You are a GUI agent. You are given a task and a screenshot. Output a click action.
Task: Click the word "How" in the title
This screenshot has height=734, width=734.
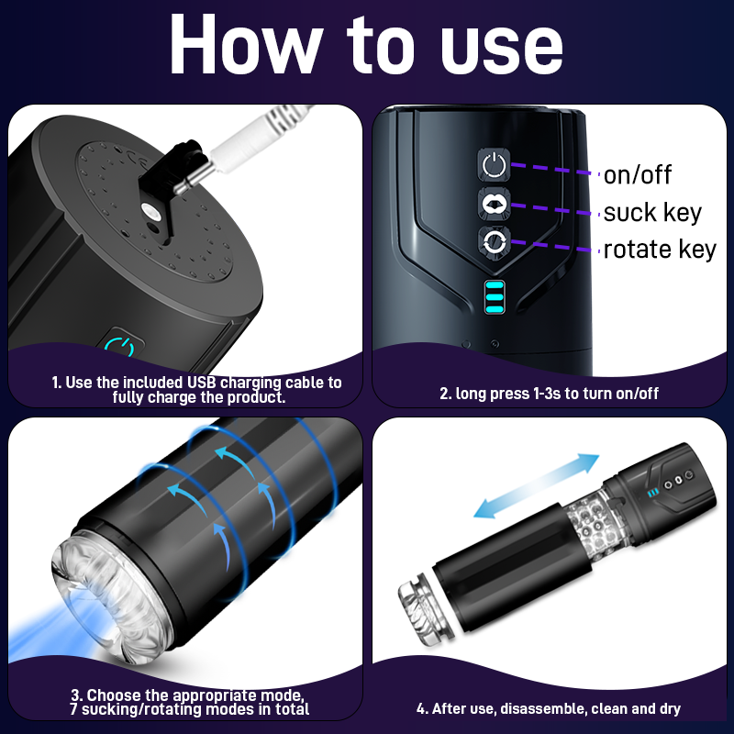point(246,44)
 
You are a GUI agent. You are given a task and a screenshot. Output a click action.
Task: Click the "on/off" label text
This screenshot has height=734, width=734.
point(637,174)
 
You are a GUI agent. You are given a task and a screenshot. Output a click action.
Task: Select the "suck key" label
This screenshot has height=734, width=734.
point(652,213)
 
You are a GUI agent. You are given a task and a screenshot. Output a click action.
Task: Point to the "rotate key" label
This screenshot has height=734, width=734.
point(660,249)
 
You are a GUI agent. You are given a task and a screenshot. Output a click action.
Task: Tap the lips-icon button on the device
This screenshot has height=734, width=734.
point(494,204)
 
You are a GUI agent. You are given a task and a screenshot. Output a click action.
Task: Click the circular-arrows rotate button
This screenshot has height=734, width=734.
point(494,242)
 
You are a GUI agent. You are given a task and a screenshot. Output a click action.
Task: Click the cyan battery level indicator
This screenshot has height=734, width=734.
point(495,297)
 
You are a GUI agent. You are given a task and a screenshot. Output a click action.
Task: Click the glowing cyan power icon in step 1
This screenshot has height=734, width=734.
point(120,347)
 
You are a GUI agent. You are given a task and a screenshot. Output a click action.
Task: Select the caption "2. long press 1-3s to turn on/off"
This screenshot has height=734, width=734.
point(549,394)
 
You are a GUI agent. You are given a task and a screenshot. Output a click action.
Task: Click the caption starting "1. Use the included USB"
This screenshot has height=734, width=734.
point(197,389)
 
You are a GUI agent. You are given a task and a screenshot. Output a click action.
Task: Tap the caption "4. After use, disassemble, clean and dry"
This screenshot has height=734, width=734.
point(548,708)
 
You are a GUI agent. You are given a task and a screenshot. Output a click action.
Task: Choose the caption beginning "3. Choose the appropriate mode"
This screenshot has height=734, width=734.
point(189,702)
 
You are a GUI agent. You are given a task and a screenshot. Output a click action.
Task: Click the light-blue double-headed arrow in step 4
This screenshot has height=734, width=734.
point(537,486)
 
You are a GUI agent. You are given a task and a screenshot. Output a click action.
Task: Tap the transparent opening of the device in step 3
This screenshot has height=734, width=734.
point(112,599)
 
